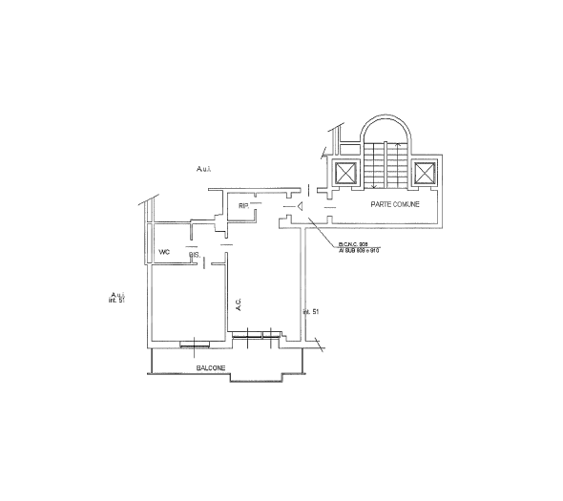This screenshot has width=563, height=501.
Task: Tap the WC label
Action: click(x=164, y=252)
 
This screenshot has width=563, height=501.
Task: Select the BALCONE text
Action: click(x=211, y=368)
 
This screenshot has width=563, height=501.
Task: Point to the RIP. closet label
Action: click(x=243, y=206)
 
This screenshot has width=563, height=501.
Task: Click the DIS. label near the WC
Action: click(x=194, y=255)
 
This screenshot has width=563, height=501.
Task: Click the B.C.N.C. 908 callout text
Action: click(x=353, y=244)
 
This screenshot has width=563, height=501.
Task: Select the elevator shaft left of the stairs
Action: click(x=344, y=173)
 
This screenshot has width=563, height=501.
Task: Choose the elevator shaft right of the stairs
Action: click(x=424, y=173)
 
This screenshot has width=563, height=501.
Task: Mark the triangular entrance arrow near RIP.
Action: click(x=300, y=205)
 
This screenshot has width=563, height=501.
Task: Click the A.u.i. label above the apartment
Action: click(x=203, y=169)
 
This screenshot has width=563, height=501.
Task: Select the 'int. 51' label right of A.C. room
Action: click(x=309, y=312)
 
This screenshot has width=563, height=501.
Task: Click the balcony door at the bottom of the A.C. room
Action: click(x=256, y=334)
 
